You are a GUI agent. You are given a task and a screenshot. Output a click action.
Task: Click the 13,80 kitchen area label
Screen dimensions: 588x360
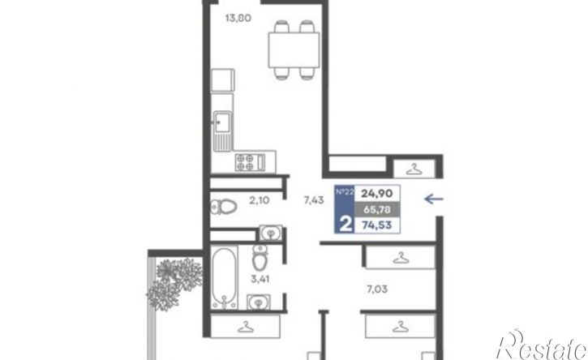238,18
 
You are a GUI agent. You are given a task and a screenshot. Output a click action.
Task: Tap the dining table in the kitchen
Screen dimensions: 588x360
294,50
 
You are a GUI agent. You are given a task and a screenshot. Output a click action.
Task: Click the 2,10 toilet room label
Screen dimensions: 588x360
260,200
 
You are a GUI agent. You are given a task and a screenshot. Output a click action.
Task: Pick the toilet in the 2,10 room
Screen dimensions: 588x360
224,207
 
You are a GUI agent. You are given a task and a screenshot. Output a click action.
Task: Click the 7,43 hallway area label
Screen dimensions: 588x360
314,200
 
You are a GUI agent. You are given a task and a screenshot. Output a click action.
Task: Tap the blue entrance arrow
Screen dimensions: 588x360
434,199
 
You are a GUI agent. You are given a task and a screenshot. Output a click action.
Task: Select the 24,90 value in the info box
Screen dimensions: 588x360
377,194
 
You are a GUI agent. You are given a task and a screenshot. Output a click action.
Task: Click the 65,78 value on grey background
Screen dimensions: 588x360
377,209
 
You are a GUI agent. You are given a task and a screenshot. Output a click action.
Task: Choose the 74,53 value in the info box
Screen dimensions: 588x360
377,225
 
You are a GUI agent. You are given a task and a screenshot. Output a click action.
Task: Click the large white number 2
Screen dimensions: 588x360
346,225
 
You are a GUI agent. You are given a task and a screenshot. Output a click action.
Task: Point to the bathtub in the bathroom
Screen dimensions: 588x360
224,278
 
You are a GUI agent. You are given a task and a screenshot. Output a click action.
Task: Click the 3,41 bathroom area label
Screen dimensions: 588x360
260,279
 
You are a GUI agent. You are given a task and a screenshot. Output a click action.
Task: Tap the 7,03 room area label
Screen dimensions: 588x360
377,289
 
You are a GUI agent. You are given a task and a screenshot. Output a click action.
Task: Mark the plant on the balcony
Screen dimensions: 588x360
174,283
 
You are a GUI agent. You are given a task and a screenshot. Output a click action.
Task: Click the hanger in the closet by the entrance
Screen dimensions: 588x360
414,169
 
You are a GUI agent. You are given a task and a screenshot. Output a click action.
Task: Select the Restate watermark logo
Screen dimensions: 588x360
542,345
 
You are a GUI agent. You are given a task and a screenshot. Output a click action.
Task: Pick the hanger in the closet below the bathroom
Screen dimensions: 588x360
246,327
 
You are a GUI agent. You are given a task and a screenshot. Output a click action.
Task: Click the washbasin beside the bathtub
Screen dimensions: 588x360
259,302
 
